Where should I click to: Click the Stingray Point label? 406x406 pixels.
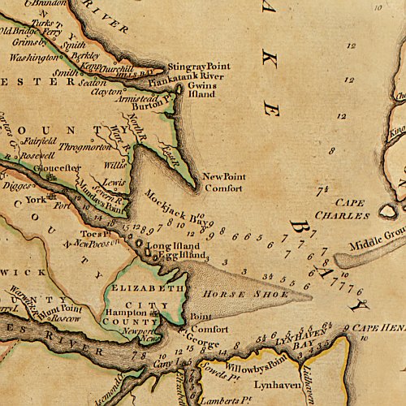(198, 67)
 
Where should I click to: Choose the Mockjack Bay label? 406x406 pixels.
(172, 205)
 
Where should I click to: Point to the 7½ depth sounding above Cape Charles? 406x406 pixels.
(323, 190)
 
